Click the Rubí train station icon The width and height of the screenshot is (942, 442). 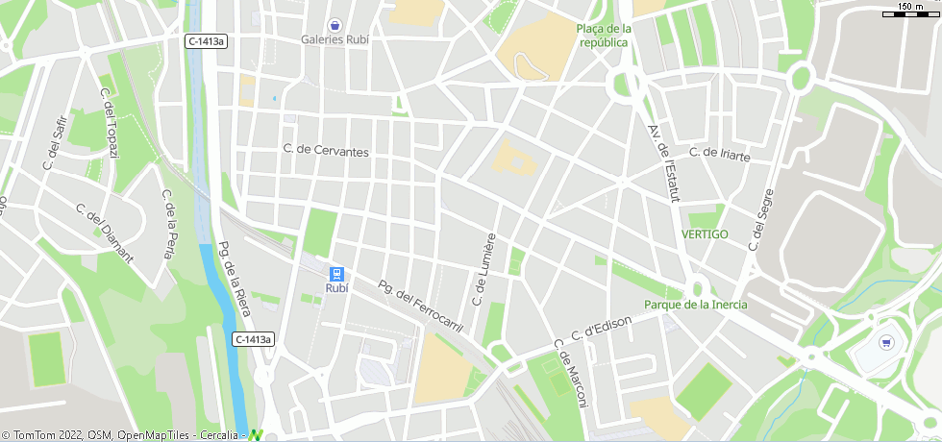point(336,273)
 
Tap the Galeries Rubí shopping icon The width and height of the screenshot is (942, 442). point(335,24)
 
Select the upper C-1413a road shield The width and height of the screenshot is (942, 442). point(207,41)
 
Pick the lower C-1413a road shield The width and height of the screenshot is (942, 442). point(254,339)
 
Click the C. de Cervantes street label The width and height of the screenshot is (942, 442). point(326,151)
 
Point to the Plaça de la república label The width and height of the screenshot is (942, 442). point(604,36)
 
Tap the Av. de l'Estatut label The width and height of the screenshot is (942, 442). point(664,162)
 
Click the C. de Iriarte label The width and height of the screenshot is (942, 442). point(719,153)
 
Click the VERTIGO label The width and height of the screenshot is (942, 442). point(705,234)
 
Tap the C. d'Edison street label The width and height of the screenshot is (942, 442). point(601,328)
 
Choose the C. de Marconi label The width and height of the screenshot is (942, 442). point(569,374)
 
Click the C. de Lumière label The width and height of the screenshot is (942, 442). point(483,269)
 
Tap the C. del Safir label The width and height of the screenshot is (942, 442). point(56,142)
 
